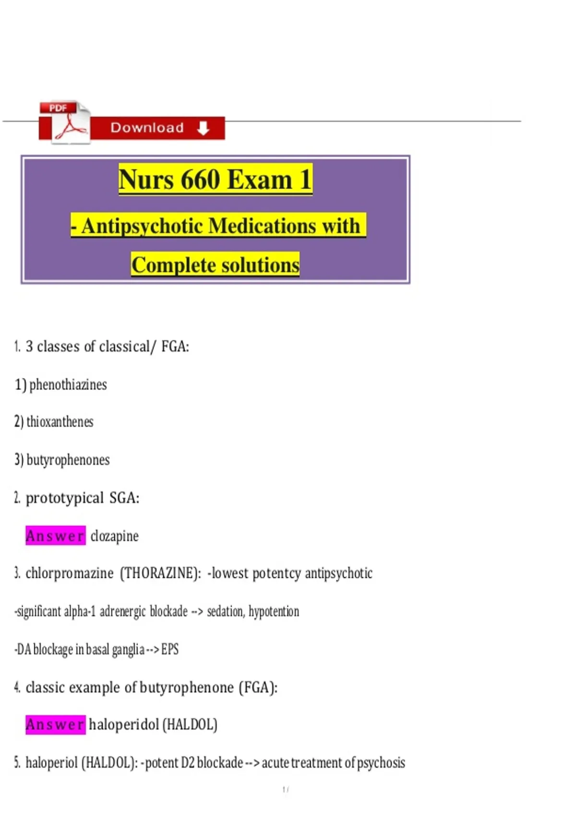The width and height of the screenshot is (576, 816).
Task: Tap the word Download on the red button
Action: click(147, 128)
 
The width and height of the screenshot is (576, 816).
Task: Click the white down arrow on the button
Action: click(203, 128)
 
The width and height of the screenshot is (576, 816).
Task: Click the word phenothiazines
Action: click(68, 384)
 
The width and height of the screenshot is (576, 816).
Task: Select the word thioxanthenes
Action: click(60, 422)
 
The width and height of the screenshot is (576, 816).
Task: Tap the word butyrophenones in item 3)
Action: click(68, 460)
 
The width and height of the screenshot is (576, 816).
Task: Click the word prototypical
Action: click(64, 498)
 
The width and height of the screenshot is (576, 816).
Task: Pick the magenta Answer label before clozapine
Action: click(55, 536)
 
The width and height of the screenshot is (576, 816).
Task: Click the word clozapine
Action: click(114, 536)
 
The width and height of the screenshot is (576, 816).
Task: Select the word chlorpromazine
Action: click(69, 573)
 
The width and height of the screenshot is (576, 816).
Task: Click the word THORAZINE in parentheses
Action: click(160, 573)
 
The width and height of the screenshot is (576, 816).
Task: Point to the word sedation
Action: click(226, 611)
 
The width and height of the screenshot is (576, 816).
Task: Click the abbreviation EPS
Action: click(170, 649)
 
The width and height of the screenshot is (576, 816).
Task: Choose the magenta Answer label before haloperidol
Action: click(55, 724)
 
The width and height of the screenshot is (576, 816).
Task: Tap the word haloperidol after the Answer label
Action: click(124, 724)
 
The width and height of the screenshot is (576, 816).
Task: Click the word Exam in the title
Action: click(259, 180)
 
